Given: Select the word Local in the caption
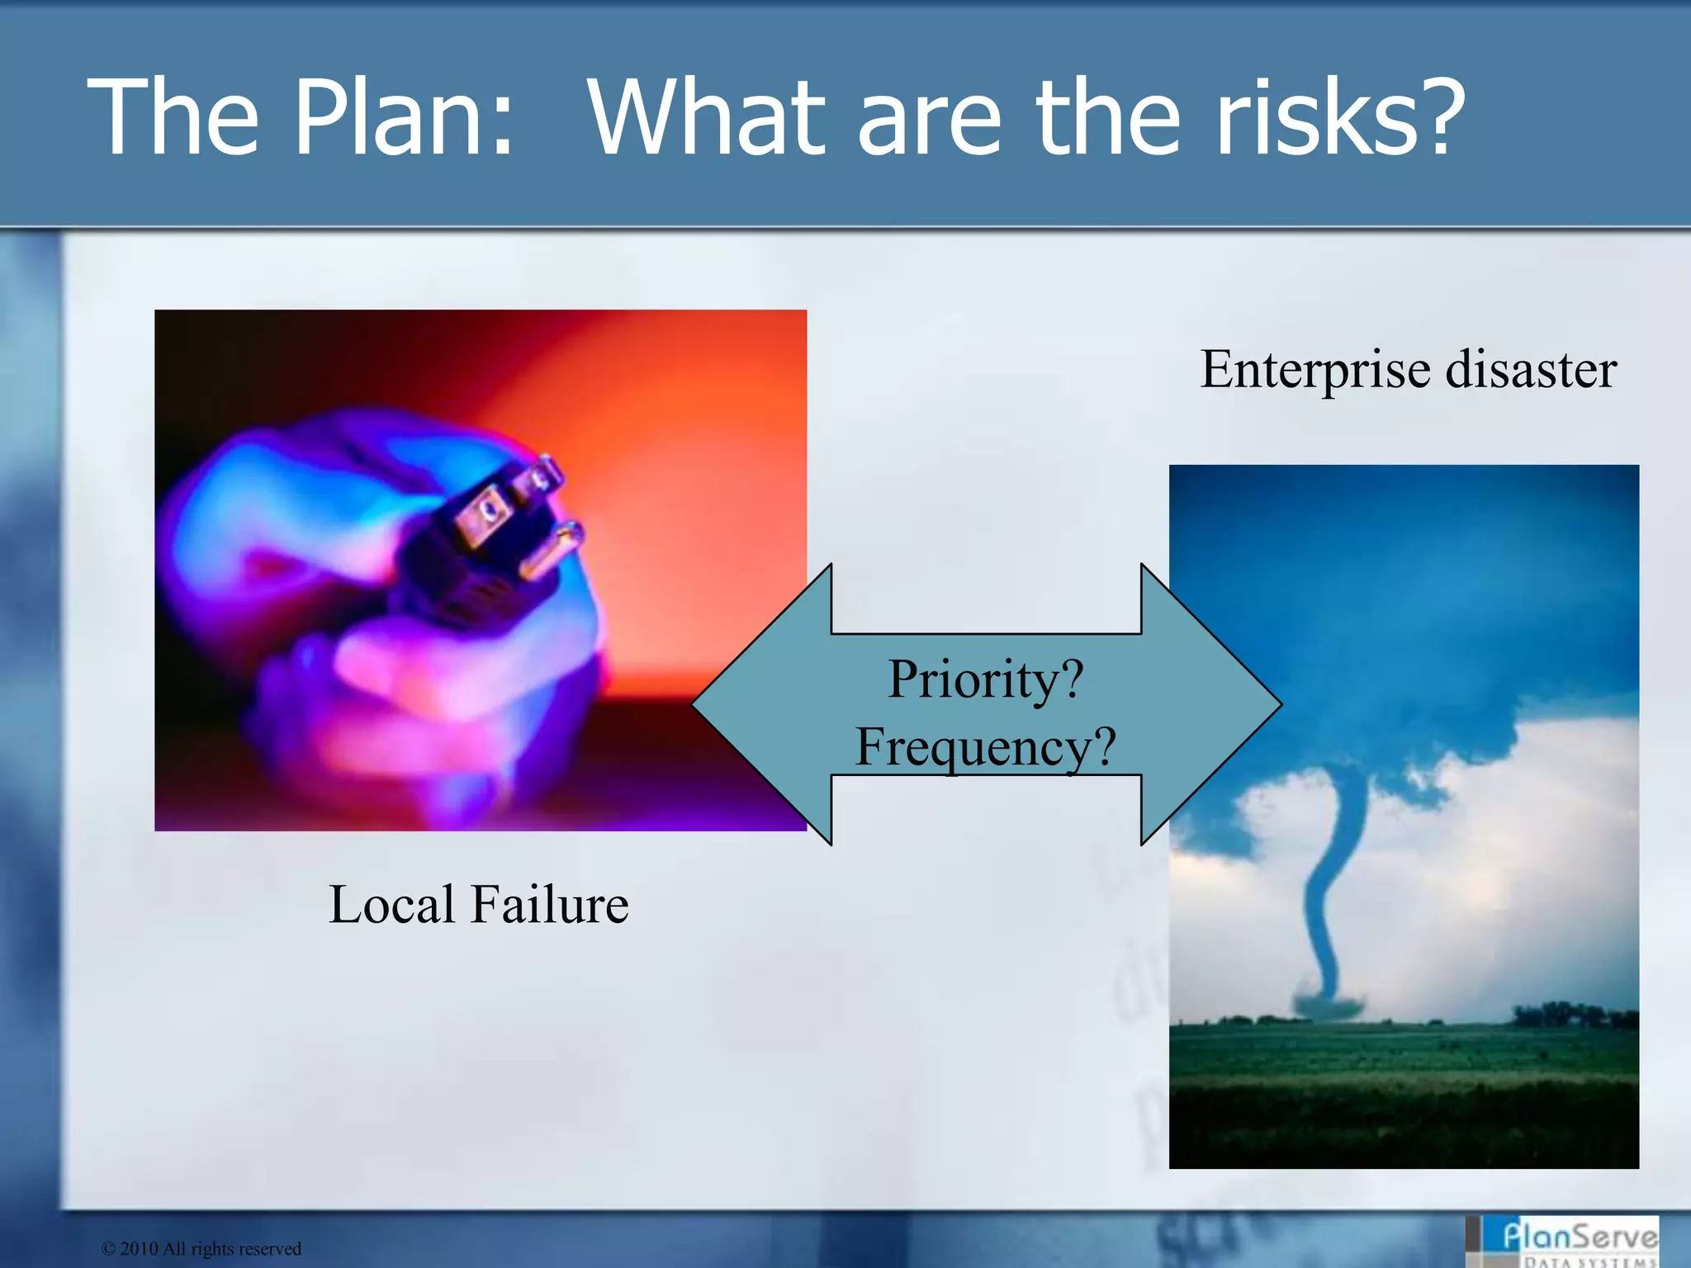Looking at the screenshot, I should point(391,904).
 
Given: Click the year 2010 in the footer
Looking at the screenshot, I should point(139,1248).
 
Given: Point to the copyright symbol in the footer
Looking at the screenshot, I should point(108,1248).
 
